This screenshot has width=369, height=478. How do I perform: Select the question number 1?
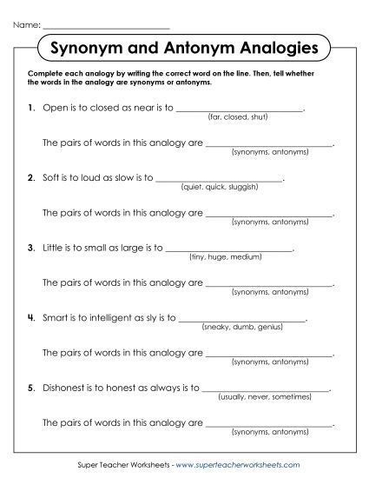click(30, 110)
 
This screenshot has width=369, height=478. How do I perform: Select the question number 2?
click(30, 179)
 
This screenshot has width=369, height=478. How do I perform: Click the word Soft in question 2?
click(51, 179)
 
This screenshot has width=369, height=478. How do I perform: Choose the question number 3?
click(30, 249)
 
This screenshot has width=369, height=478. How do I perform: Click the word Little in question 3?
click(53, 249)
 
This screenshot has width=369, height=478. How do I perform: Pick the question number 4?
click(30, 318)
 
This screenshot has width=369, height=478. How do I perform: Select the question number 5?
click(30, 388)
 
